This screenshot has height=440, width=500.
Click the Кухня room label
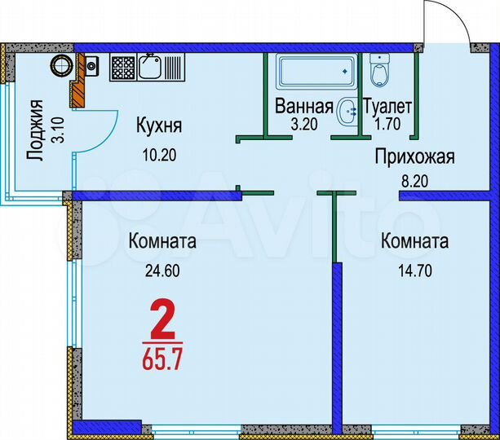158,127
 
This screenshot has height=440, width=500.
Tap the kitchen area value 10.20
158,152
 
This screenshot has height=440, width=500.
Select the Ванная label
303,107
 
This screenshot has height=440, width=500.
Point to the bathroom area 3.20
303,125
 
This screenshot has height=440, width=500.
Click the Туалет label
388,107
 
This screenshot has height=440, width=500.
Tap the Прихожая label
414,157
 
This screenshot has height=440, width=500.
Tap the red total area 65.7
163,359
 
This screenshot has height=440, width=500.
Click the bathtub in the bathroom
313,73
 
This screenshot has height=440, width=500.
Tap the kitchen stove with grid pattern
123,65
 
